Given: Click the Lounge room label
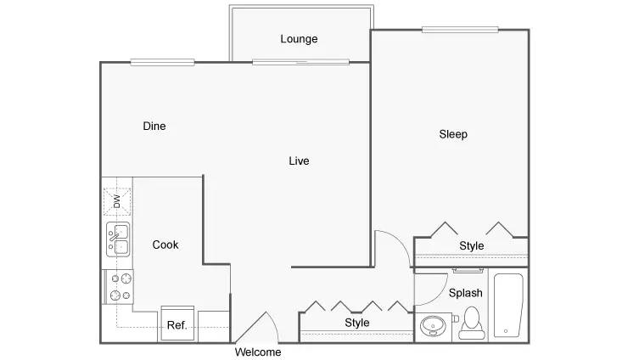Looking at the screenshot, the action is (x=299, y=39).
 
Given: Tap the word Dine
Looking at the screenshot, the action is (x=154, y=126).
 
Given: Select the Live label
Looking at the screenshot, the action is (x=299, y=161).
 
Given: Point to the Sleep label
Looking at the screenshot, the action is (x=453, y=134).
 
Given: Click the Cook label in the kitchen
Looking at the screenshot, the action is (x=165, y=245).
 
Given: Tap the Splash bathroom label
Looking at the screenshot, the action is (x=465, y=293).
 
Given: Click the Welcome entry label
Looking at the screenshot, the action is (x=258, y=352).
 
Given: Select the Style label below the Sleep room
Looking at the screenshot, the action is (x=472, y=246).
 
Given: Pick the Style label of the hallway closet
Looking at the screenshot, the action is (x=357, y=323).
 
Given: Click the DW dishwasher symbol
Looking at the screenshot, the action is (x=117, y=201).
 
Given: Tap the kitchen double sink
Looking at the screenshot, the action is (x=118, y=239).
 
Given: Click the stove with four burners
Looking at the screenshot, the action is (x=119, y=287).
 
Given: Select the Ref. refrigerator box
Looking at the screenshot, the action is (x=177, y=323).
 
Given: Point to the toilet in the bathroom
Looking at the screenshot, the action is (x=472, y=323).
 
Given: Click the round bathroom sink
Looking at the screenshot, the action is (x=433, y=326).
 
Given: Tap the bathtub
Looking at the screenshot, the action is (x=508, y=306).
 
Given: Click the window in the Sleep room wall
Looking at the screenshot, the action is (x=460, y=30).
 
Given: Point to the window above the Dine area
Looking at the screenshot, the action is (x=162, y=62).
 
